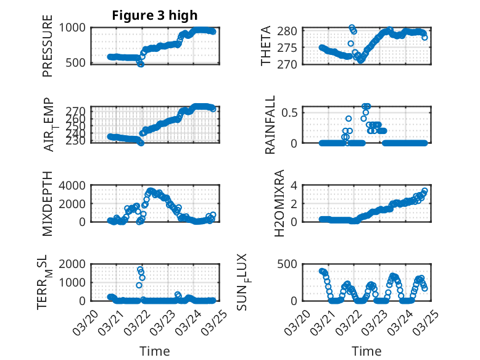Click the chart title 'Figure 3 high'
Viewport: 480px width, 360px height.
click(154, 15)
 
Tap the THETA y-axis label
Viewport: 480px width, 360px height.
click(266, 46)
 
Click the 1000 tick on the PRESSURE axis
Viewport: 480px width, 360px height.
click(76, 28)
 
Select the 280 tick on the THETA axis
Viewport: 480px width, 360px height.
click(292, 31)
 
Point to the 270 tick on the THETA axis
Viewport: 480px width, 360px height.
click(292, 64)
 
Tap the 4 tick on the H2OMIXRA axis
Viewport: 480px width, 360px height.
click(296, 185)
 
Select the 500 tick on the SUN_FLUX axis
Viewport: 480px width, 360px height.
click(292, 264)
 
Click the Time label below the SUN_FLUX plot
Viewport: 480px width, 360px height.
click(366, 351)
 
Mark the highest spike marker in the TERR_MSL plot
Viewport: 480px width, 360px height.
click(140, 270)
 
